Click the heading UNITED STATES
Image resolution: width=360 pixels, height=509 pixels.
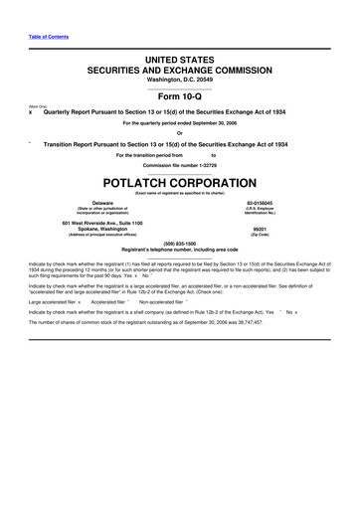tap(180, 61)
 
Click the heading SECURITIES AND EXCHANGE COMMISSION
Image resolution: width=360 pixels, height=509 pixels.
tap(180, 72)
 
